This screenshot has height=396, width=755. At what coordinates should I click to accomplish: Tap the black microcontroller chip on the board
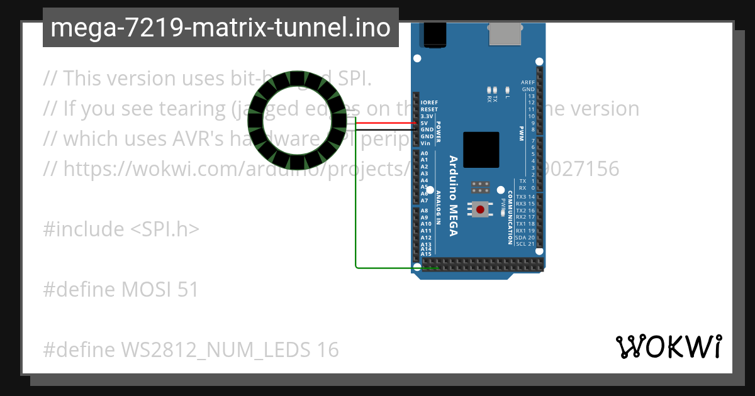[481, 150]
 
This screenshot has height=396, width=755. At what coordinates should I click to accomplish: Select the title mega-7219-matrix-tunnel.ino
[220, 28]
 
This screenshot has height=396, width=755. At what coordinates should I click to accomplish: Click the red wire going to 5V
[384, 123]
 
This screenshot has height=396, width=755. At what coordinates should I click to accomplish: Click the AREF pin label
[528, 82]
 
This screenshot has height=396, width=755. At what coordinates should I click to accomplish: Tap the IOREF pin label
[429, 102]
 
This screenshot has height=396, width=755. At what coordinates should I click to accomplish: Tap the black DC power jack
[435, 34]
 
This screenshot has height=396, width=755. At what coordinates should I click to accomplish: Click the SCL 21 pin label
[525, 244]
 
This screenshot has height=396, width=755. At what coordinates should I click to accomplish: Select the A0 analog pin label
[424, 153]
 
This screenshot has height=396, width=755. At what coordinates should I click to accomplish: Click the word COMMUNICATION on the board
[510, 220]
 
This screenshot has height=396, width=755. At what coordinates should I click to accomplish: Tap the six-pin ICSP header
[481, 187]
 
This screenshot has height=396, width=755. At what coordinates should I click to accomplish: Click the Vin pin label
[425, 143]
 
